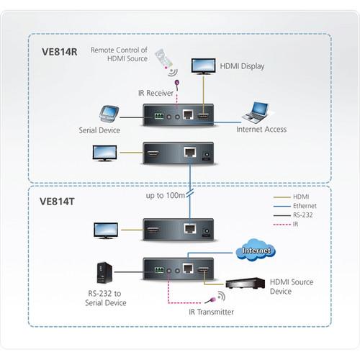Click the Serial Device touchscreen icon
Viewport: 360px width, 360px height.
click(x=109, y=114)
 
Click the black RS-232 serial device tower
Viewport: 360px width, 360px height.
click(x=104, y=273)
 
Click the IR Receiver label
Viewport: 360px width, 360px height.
click(x=153, y=93)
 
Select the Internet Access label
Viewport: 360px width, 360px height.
click(x=262, y=130)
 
